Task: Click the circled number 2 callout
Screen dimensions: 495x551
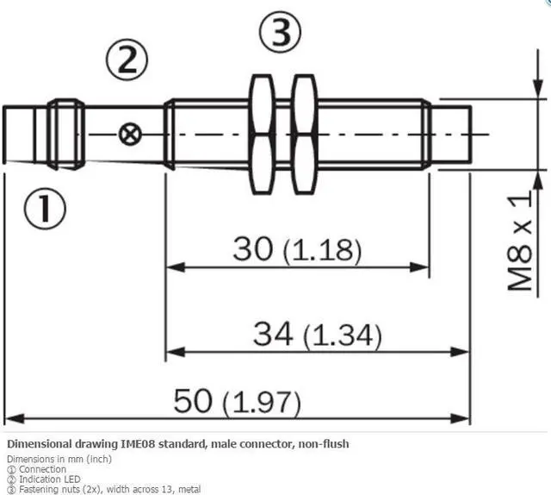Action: point(127,61)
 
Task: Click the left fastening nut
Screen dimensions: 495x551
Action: point(261,134)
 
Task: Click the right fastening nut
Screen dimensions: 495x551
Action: point(302,134)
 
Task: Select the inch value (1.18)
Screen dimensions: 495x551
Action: point(322,251)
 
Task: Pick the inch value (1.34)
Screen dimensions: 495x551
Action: point(342,334)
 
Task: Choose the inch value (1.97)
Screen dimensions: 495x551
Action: point(261,402)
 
